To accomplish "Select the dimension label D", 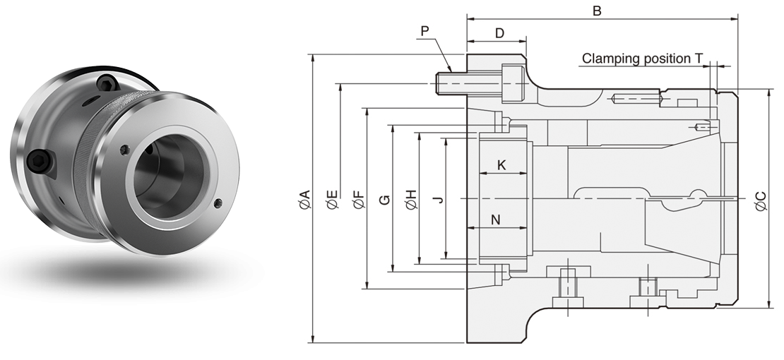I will pyautogui.click(x=499, y=33).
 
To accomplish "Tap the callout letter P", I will pyautogui.click(x=424, y=31).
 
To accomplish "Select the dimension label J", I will pyautogui.click(x=438, y=200).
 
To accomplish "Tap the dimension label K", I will pyautogui.click(x=501, y=164).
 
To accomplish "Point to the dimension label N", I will pyautogui.click(x=496, y=220).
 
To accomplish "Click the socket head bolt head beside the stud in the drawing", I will pyautogui.click(x=513, y=83).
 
